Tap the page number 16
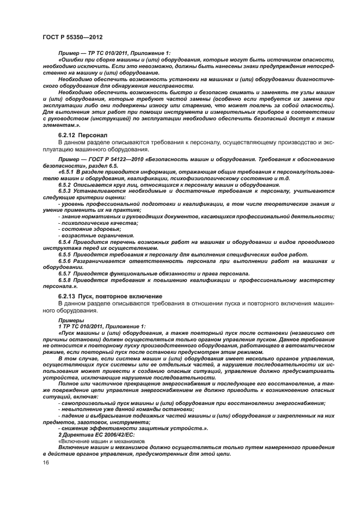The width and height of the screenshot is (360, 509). click(46, 462)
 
